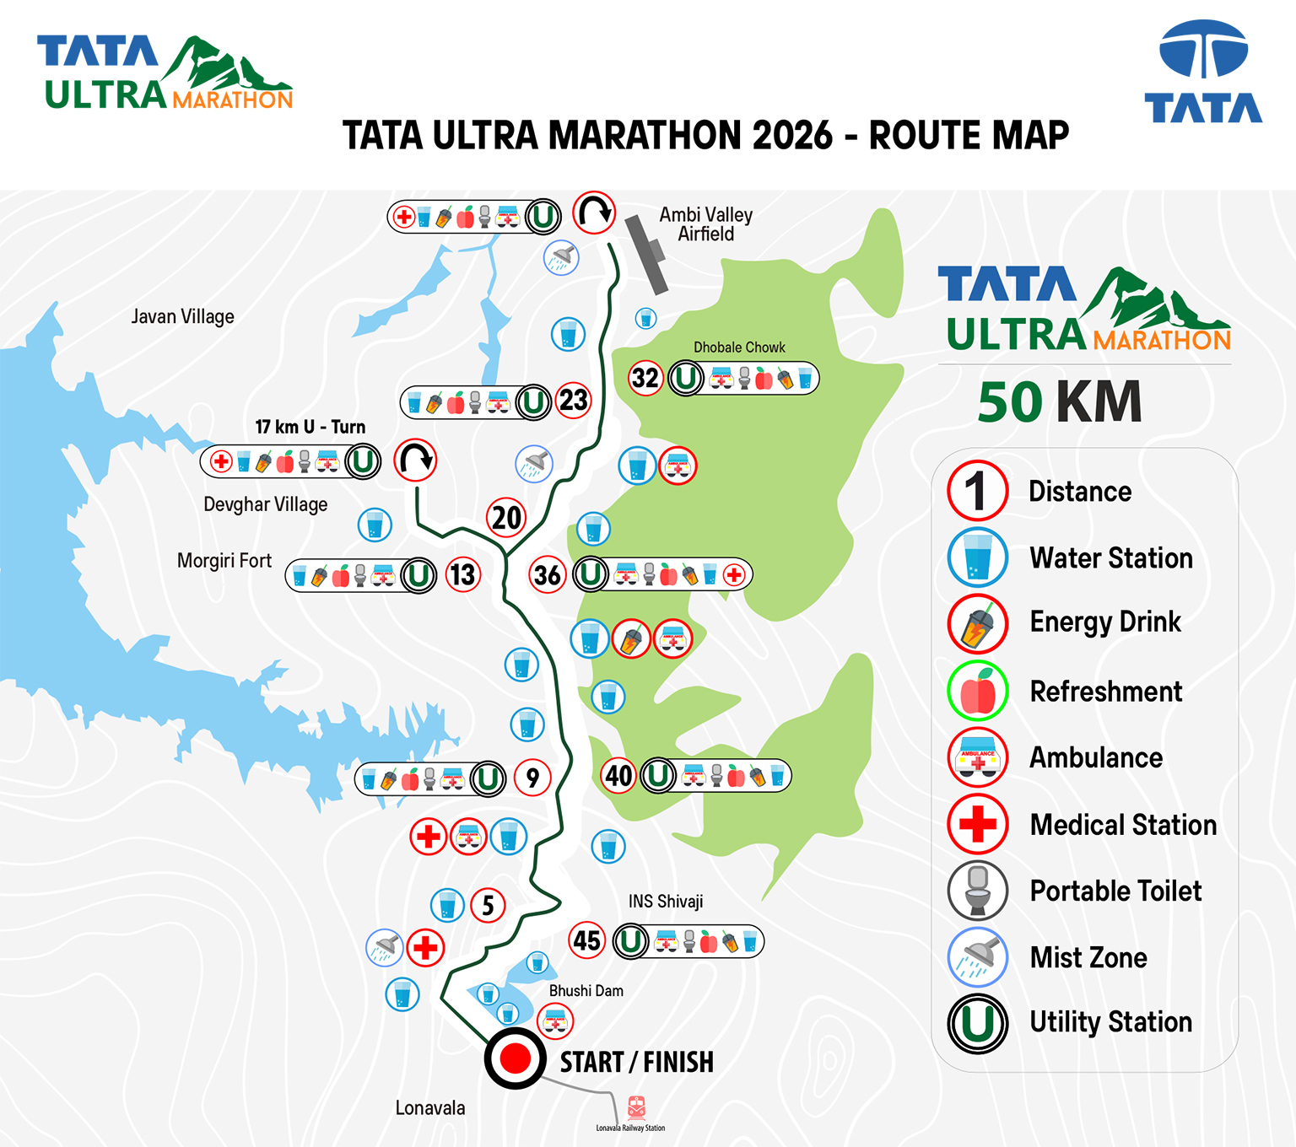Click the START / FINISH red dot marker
coord(515,1058)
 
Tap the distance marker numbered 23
coord(574,400)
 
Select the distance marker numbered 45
coord(587,940)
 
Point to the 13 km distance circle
coord(462,575)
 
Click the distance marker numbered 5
coord(488,906)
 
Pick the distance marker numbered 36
coord(548,575)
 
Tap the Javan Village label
coord(182,317)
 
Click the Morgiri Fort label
coord(224,561)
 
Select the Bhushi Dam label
coord(586,991)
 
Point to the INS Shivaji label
coord(665,902)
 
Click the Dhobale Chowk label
coord(739,347)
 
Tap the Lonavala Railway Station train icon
coord(636,1107)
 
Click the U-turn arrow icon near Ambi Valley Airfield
coord(594,213)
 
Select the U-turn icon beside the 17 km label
coord(415,460)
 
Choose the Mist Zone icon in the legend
coord(977,957)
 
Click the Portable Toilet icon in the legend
coord(977,891)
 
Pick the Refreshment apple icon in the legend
coord(977,691)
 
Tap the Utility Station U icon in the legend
coord(977,1023)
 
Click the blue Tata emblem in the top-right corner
coord(1203,51)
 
